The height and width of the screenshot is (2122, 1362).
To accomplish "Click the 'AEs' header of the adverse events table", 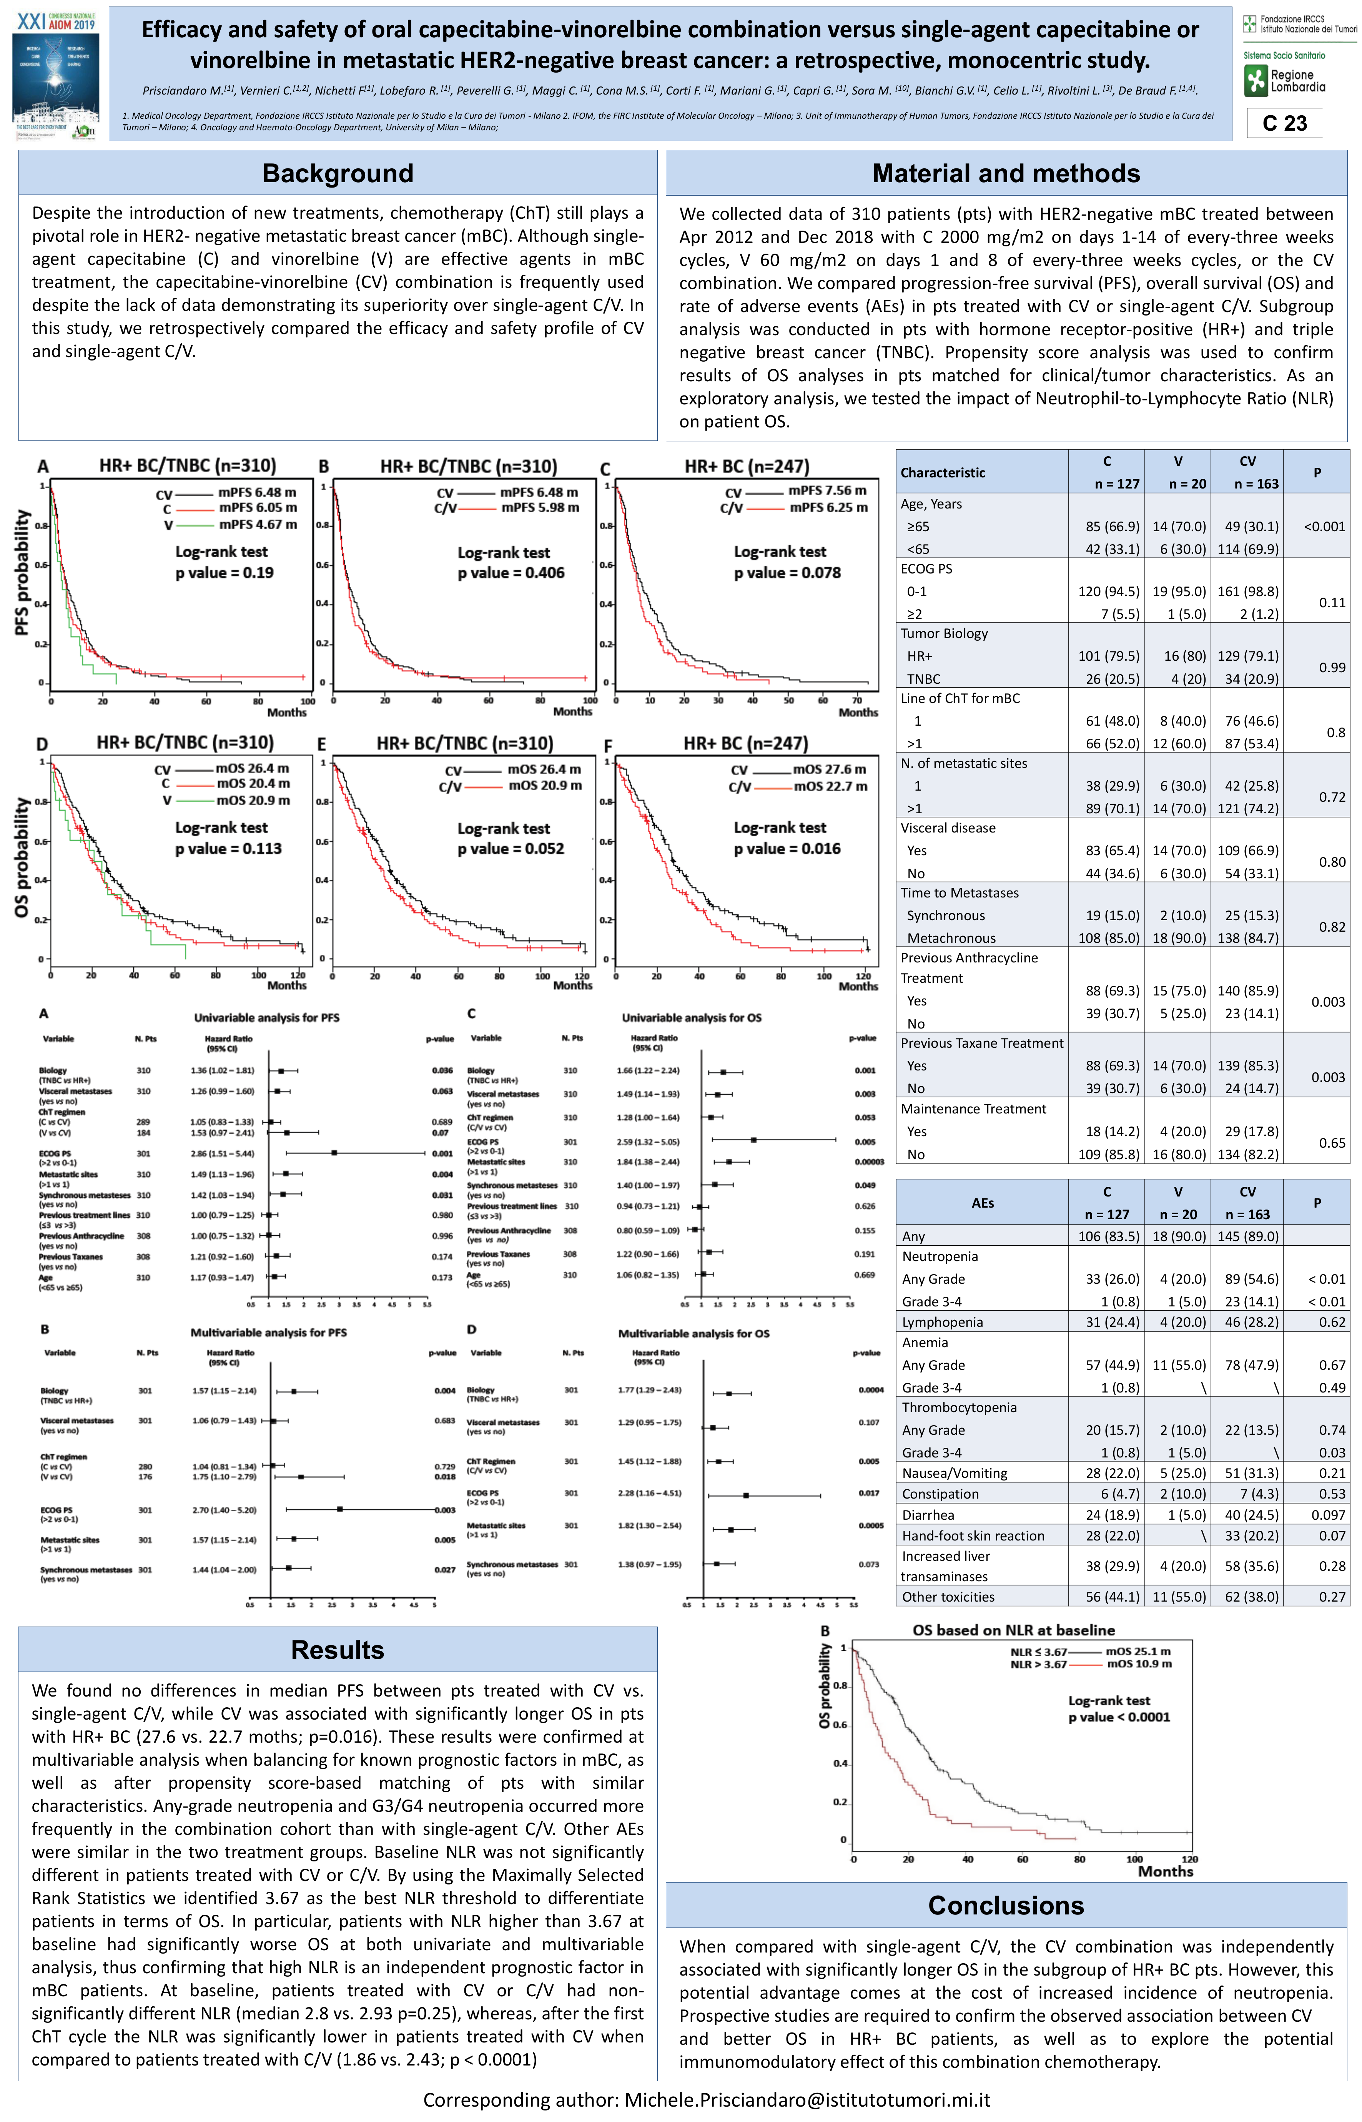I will [983, 1203].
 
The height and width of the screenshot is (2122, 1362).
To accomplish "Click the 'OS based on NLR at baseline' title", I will [1014, 1630].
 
